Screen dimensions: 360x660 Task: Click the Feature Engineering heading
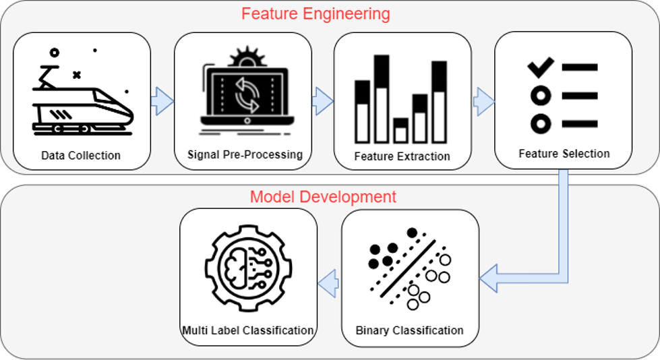(316, 13)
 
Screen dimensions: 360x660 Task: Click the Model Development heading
(323, 197)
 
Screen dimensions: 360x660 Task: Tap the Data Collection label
(81, 156)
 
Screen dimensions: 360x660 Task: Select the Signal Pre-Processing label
(245, 154)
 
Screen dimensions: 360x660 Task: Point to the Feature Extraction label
(402, 156)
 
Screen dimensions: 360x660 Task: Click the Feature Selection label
(564, 154)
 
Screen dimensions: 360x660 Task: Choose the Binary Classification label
(410, 330)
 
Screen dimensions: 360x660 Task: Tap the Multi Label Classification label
(248, 330)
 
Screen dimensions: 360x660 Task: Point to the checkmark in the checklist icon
(540, 66)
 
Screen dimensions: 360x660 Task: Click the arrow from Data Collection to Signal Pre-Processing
(162, 102)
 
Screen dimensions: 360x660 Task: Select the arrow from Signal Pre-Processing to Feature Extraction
(322, 102)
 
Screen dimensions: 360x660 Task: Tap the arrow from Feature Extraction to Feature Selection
(483, 102)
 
